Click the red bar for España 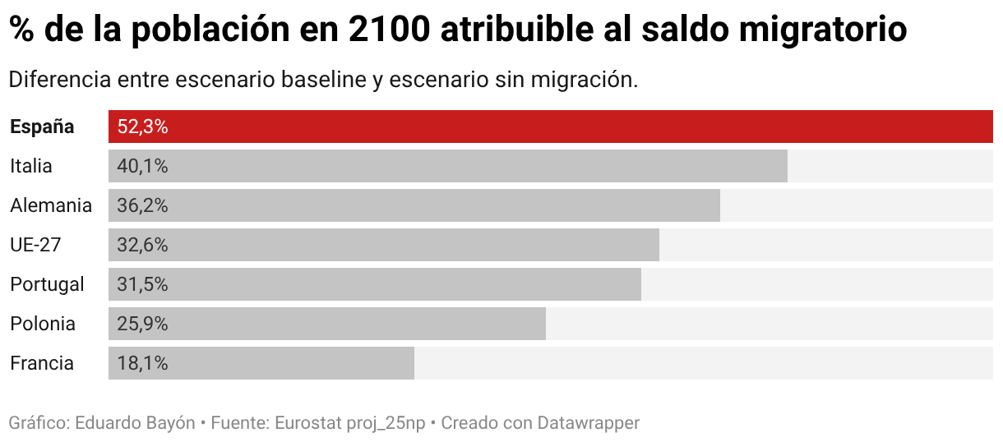pyautogui.click(x=551, y=127)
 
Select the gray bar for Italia pyautogui.click(x=448, y=166)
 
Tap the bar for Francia pyautogui.click(x=261, y=363)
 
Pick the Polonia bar pyautogui.click(x=327, y=324)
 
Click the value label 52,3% pyautogui.click(x=142, y=127)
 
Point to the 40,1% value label pyautogui.click(x=142, y=166)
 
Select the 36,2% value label pyautogui.click(x=142, y=205)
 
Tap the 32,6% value pyautogui.click(x=142, y=245)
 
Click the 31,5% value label pyautogui.click(x=142, y=284)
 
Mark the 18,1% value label pyautogui.click(x=142, y=363)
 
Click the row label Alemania pyautogui.click(x=51, y=205)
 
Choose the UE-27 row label pyautogui.click(x=35, y=245)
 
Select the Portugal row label pyautogui.click(x=47, y=284)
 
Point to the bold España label pyautogui.click(x=42, y=127)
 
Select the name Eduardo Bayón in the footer pyautogui.click(x=135, y=423)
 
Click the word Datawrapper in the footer pyautogui.click(x=588, y=423)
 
